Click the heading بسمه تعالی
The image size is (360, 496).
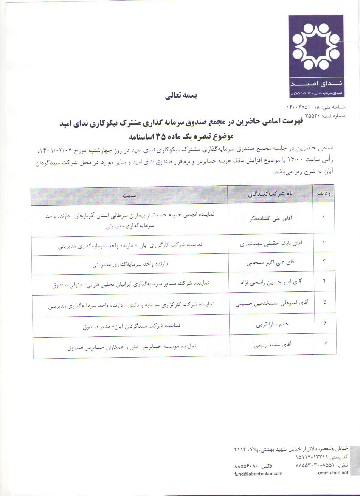coord(179,96)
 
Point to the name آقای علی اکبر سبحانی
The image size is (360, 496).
coord(272,263)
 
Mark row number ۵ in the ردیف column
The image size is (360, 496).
coord(325,302)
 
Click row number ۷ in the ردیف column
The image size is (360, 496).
coord(325,344)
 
